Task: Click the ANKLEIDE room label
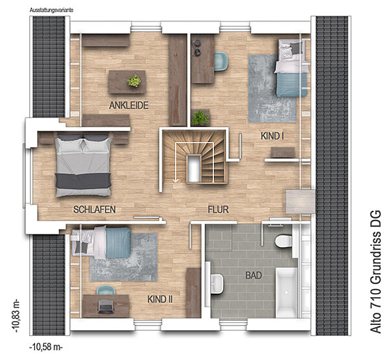pyautogui.click(x=129, y=105)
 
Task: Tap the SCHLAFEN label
pyautogui.click(x=95, y=210)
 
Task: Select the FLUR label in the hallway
pyautogui.click(x=218, y=210)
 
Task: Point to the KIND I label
pyautogui.click(x=272, y=136)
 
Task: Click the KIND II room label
pyautogui.click(x=160, y=300)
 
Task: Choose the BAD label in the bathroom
pyautogui.click(x=253, y=275)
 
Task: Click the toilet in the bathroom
pyautogui.click(x=283, y=241)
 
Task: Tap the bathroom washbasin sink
pyautogui.click(x=218, y=283)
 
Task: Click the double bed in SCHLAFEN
pyautogui.click(x=83, y=165)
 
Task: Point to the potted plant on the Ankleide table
pyautogui.click(x=134, y=80)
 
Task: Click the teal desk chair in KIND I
pyautogui.click(x=221, y=61)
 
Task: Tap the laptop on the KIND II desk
pyautogui.click(x=106, y=306)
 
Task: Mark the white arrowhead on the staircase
pyautogui.click(x=176, y=180)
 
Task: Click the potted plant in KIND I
pyautogui.click(x=200, y=117)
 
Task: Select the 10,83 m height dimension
pyautogui.click(x=17, y=316)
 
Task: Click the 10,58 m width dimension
pyautogui.click(x=46, y=347)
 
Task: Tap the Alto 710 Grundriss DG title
pyautogui.click(x=375, y=272)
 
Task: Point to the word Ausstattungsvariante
pyautogui.click(x=51, y=10)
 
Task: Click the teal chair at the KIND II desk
pyautogui.click(x=106, y=290)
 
